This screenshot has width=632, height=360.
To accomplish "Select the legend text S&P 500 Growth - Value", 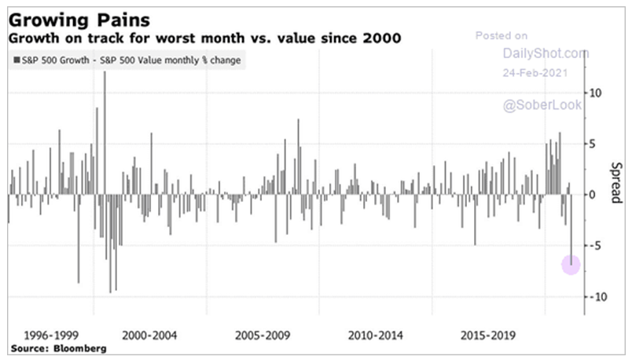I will [x=126, y=59].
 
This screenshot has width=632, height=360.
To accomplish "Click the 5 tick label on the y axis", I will [x=596, y=143].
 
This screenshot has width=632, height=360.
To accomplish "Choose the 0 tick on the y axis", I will [x=596, y=194].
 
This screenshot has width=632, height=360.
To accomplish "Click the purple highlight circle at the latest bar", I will [x=571, y=265].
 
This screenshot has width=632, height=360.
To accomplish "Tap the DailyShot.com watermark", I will [x=546, y=53].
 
